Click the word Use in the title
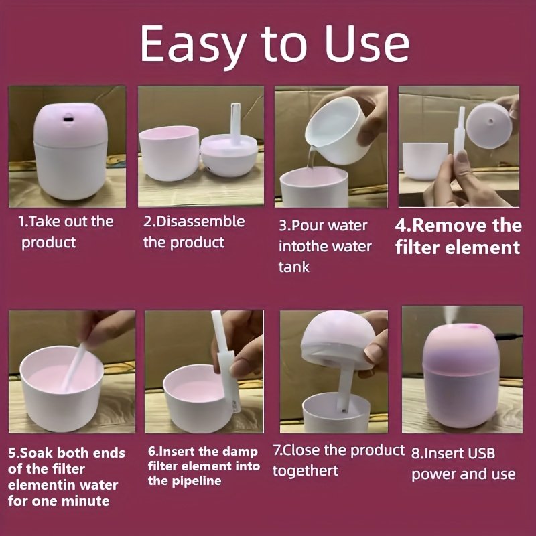[367, 44]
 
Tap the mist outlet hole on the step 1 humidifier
[68, 119]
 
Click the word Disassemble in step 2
[200, 222]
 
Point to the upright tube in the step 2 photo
[235, 123]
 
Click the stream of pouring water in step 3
[312, 157]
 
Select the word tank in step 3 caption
[293, 267]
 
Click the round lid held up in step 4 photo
[489, 121]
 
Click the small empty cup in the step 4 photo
[425, 161]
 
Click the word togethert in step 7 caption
[306, 471]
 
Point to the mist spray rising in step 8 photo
[451, 314]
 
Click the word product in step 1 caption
[48, 243]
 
